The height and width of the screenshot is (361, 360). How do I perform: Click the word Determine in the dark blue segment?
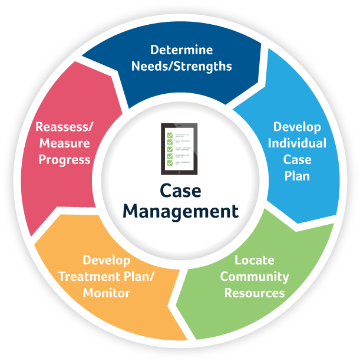pyautogui.click(x=181, y=50)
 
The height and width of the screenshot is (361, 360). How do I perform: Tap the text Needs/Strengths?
pyautogui.click(x=181, y=65)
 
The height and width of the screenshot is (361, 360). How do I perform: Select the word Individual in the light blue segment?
pyautogui.click(x=297, y=143)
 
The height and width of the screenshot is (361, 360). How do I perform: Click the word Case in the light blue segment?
pyautogui.click(x=297, y=159)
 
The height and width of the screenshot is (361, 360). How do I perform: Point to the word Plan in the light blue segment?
pyautogui.click(x=297, y=176)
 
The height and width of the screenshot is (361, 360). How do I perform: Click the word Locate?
pyautogui.click(x=255, y=260)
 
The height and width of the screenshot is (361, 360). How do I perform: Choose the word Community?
pyautogui.click(x=255, y=276)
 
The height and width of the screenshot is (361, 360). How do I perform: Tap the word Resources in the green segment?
pyautogui.click(x=255, y=293)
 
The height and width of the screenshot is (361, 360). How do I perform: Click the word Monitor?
pyautogui.click(x=107, y=293)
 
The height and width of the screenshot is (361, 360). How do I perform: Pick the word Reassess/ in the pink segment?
pyautogui.click(x=64, y=127)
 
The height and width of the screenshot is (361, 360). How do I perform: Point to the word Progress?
pyautogui.click(x=64, y=159)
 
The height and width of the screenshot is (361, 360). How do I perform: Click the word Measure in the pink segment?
pyautogui.click(x=64, y=143)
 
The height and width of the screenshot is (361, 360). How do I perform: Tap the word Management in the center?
pyautogui.click(x=180, y=211)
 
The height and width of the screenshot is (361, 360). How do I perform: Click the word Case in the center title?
pyautogui.click(x=180, y=191)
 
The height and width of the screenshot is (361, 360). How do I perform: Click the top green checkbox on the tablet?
pyautogui.click(x=170, y=135)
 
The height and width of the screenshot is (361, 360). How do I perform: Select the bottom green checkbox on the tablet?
pyautogui.click(x=170, y=163)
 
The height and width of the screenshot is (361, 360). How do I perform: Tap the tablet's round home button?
pyautogui.click(x=180, y=172)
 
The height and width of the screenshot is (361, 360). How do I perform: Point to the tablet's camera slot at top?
pyautogui.click(x=180, y=126)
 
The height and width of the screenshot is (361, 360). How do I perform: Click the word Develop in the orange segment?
pyautogui.click(x=107, y=260)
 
